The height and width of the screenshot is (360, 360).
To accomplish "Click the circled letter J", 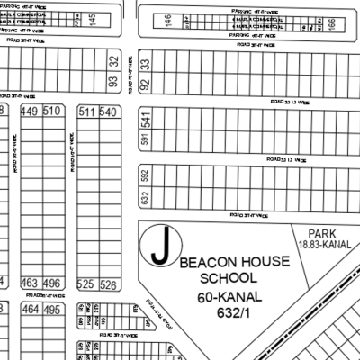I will click(160, 247).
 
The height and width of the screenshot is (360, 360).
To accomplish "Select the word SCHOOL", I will click(220, 278).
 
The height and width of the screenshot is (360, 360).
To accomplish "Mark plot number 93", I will click(113, 83).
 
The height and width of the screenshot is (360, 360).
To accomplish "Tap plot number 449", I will click(30, 112).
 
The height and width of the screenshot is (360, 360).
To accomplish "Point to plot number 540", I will click(109, 112).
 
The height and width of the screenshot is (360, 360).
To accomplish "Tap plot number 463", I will click(30, 283).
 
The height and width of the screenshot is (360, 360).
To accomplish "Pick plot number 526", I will click(109, 284).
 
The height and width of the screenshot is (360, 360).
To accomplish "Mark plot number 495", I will click(52, 310).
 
